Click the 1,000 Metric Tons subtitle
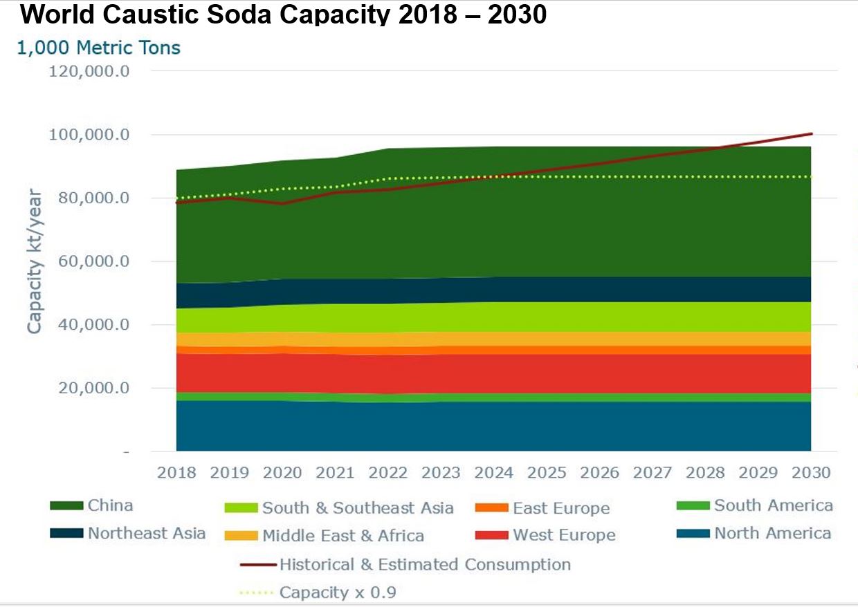[98, 48]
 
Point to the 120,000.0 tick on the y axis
[89, 71]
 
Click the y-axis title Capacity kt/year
[35, 261]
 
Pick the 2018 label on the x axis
[176, 473]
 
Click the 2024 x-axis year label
[494, 473]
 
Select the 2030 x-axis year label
[811, 473]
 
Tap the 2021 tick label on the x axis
[335, 473]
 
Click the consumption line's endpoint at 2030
[811, 133]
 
